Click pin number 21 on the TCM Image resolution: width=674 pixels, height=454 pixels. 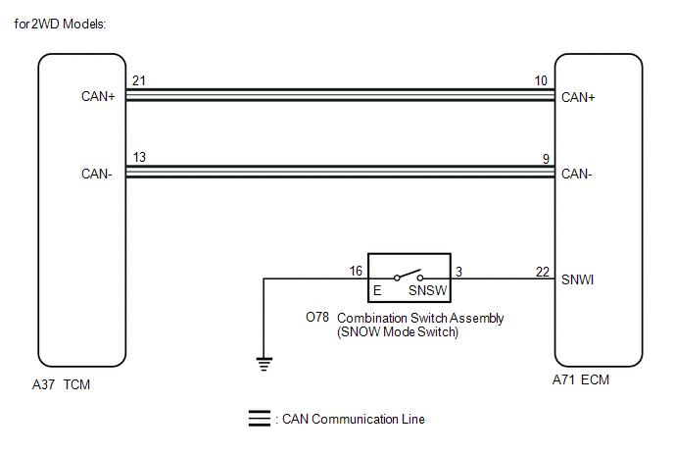click(139, 80)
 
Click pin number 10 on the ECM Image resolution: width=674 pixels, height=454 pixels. click(541, 80)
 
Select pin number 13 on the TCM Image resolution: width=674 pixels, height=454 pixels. click(139, 157)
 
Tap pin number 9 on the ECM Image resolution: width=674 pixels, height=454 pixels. click(546, 159)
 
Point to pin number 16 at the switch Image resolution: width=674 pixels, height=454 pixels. click(356, 271)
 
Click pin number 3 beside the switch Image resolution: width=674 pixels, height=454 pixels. click(459, 272)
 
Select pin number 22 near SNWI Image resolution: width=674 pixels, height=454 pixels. click(543, 272)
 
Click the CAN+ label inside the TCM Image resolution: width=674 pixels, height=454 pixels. click(98, 96)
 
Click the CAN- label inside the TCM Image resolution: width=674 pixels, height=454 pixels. click(96, 174)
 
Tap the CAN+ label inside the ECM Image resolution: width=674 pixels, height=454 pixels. click(578, 97)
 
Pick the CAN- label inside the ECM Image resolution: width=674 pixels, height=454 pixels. click(576, 174)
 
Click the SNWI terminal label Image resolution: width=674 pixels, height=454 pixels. click(577, 279)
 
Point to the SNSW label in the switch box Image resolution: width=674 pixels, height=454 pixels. click(428, 290)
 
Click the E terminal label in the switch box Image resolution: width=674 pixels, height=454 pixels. click(377, 290)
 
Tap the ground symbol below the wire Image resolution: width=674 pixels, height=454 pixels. click(264, 364)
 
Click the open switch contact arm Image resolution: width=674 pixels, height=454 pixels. click(409, 274)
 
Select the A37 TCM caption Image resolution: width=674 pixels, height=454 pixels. click(61, 384)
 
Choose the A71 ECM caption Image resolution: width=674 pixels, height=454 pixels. click(581, 379)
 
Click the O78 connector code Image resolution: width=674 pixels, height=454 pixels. click(317, 317)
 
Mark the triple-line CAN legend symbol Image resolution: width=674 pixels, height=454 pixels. click(260, 419)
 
